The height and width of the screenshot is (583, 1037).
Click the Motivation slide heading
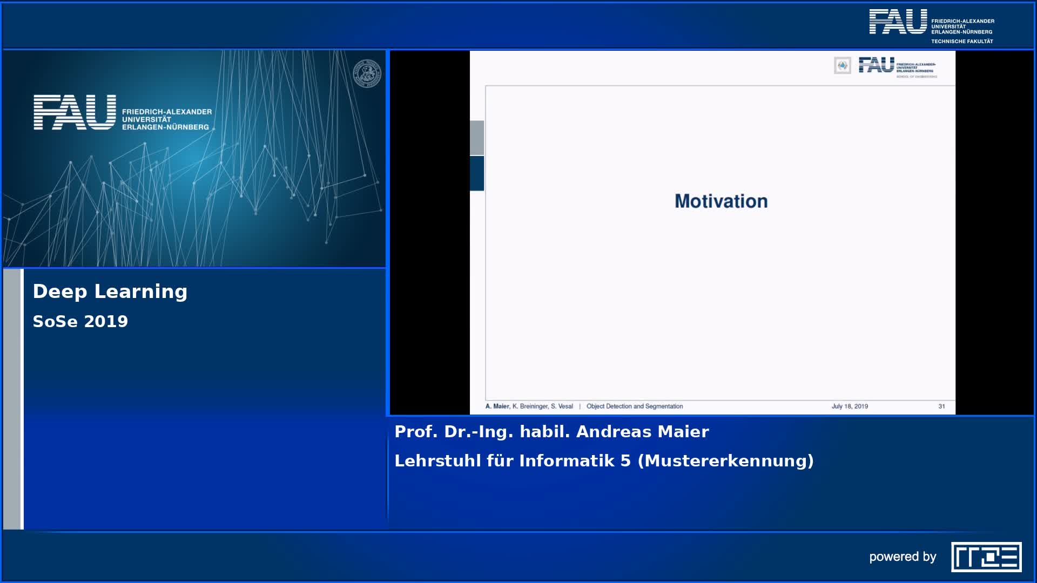pyautogui.click(x=721, y=201)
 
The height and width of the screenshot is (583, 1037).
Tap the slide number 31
pyautogui.click(x=941, y=406)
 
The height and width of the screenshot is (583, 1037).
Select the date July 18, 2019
pyautogui.click(x=850, y=406)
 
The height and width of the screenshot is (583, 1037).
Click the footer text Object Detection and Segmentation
pyautogui.click(x=635, y=406)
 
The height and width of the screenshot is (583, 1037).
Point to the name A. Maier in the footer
pyautogui.click(x=497, y=406)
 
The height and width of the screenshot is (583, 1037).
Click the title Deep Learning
pyautogui.click(x=110, y=291)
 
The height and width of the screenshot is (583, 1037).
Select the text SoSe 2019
pyautogui.click(x=80, y=322)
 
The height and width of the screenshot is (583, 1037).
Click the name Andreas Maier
pyautogui.click(x=642, y=432)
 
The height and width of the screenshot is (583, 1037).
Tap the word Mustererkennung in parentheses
pyautogui.click(x=725, y=461)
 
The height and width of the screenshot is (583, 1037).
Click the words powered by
pyautogui.click(x=903, y=557)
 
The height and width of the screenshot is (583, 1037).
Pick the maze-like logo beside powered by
pyautogui.click(x=986, y=557)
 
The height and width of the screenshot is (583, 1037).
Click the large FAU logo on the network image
pyautogui.click(x=75, y=112)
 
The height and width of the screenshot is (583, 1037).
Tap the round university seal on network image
pyautogui.click(x=367, y=74)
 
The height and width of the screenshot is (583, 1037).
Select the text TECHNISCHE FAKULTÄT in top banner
pyautogui.click(x=962, y=42)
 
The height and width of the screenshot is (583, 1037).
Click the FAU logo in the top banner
pyautogui.click(x=898, y=22)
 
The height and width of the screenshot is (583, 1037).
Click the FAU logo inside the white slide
pyautogui.click(x=876, y=65)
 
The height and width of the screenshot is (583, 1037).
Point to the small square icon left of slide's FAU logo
pyautogui.click(x=843, y=66)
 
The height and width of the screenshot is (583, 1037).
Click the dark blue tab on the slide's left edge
pyautogui.click(x=477, y=173)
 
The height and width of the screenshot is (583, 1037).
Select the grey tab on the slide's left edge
pyautogui.click(x=477, y=138)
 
